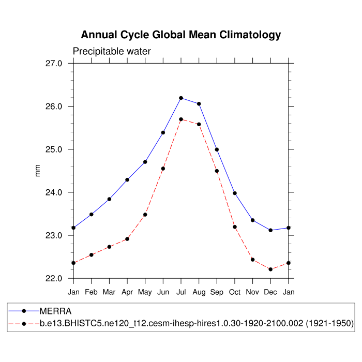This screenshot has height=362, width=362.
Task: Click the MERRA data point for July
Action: click(x=181, y=98)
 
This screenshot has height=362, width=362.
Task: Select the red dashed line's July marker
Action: click(x=181, y=119)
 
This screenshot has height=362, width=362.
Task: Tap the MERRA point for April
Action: click(x=127, y=179)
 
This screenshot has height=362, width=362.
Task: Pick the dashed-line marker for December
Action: click(x=270, y=269)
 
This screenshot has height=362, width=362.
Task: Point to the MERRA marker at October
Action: click(x=235, y=193)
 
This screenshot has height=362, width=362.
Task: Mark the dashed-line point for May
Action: click(x=145, y=215)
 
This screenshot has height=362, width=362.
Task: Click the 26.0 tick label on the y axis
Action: click(x=54, y=107)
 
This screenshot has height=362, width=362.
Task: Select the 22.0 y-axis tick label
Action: click(x=54, y=279)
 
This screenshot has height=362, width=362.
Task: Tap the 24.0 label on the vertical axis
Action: click(x=54, y=192)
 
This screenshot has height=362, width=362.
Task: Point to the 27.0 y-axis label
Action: click(x=54, y=64)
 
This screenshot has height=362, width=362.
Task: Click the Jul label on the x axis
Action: click(x=181, y=292)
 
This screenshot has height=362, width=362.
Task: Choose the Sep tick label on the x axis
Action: click(x=217, y=293)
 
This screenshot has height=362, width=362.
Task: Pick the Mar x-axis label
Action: click(x=109, y=292)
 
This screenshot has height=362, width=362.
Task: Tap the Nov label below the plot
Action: click(x=253, y=292)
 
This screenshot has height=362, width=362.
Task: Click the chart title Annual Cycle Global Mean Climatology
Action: click(x=181, y=35)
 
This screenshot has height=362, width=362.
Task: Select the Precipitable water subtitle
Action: click(x=112, y=51)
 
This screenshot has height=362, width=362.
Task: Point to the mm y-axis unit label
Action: click(x=37, y=171)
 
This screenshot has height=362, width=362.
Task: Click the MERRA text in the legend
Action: click(x=55, y=311)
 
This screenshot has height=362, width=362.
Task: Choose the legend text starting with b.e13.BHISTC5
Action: click(x=197, y=324)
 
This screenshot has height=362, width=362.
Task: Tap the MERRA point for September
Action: click(x=217, y=149)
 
